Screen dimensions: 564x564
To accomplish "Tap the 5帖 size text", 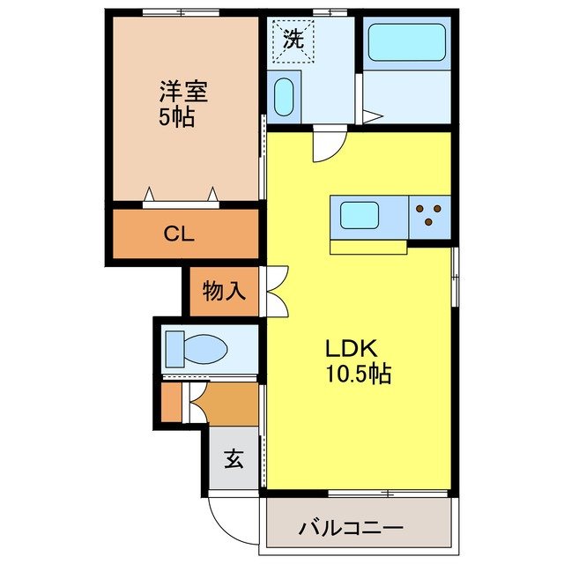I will (x=177, y=118).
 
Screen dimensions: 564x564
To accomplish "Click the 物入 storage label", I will (x=224, y=290).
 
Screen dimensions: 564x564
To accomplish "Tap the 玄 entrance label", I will (x=234, y=459).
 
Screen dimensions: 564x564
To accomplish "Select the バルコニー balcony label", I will (x=351, y=530).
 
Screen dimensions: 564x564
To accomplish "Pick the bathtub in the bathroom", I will (x=405, y=43).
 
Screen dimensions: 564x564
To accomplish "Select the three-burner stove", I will (x=430, y=215).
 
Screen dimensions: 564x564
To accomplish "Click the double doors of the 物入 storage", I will (x=274, y=291).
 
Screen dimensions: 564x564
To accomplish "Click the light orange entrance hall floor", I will (x=226, y=404).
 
